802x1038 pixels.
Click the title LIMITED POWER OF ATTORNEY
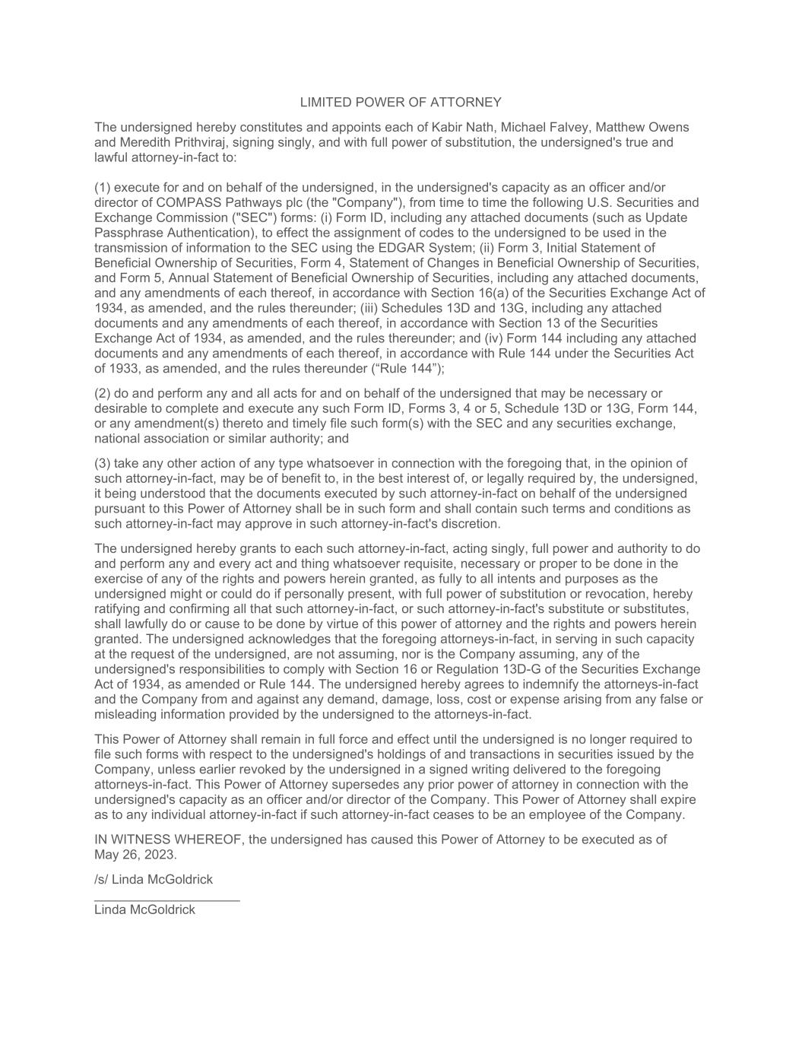click(401, 103)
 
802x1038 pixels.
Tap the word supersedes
click(352, 785)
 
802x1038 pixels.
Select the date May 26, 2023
click(135, 854)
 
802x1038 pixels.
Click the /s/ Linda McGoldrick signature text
click(154, 880)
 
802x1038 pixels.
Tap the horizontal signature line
click(167, 900)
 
